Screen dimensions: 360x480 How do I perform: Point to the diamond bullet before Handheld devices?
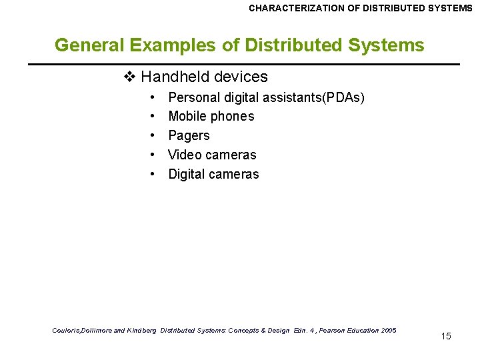point(129,77)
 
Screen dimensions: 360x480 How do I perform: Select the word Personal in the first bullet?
point(193,97)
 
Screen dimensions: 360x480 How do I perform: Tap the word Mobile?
point(187,117)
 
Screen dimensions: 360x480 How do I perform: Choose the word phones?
point(232,117)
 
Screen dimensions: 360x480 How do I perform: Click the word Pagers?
point(189,136)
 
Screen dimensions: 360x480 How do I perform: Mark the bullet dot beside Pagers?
point(153,136)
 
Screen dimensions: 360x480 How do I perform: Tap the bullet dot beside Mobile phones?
point(153,117)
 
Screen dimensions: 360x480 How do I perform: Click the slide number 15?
point(446,336)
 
